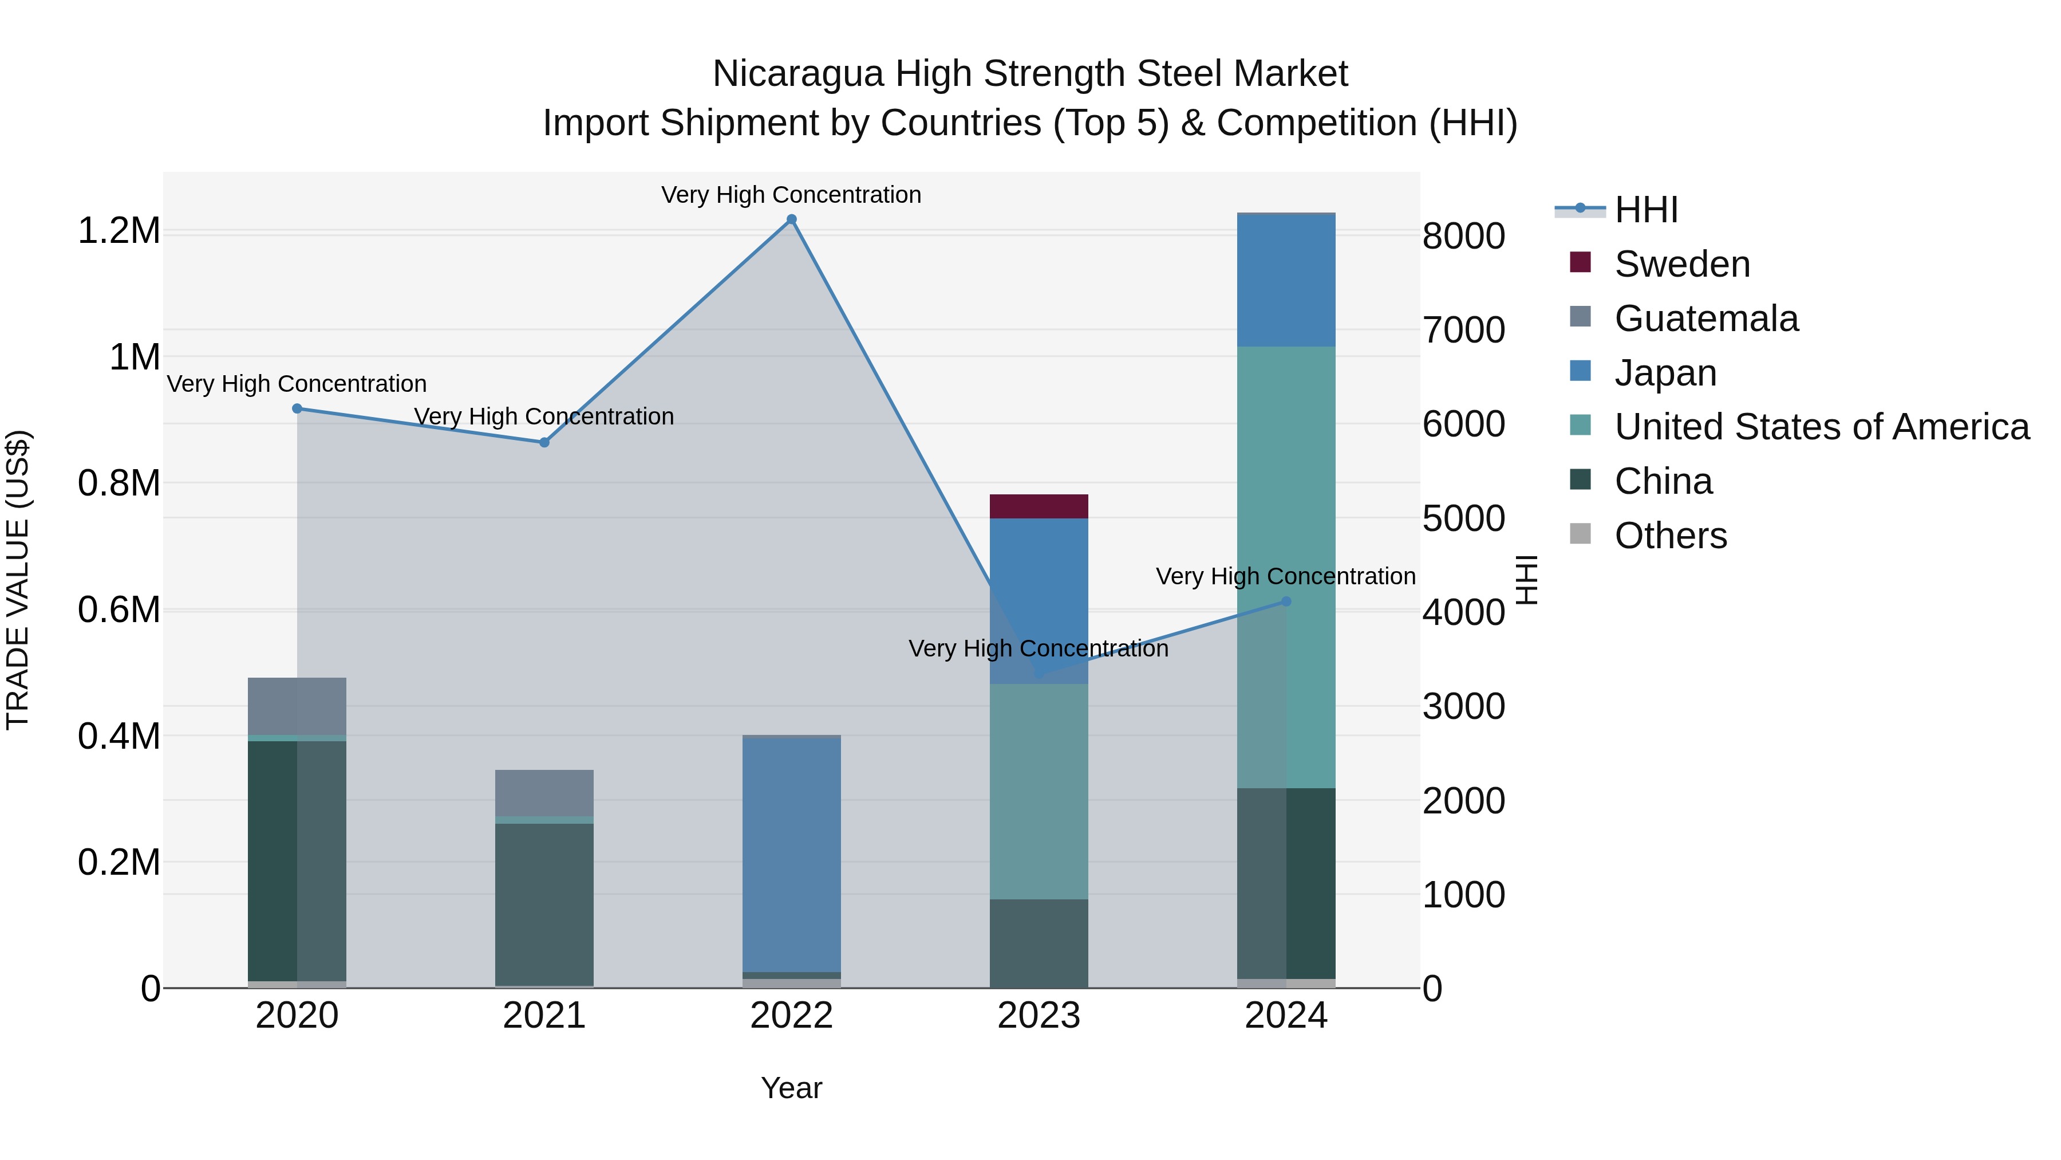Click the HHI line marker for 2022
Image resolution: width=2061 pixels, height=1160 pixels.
pyautogui.click(x=791, y=219)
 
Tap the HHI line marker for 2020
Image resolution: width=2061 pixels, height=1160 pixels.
pyautogui.click(x=297, y=408)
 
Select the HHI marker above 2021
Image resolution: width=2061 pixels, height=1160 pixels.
pyautogui.click(x=544, y=442)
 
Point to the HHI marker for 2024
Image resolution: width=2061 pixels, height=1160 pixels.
pyautogui.click(x=1286, y=601)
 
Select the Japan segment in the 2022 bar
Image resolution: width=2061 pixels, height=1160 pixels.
pyautogui.click(x=791, y=852)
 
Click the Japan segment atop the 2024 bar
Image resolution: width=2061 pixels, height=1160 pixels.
pyautogui.click(x=1286, y=280)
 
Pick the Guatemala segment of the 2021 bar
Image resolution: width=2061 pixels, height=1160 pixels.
pyautogui.click(x=544, y=793)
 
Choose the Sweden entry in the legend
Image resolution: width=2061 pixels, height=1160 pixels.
pyautogui.click(x=1682, y=264)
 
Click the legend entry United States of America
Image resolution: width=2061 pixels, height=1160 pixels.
pyautogui.click(x=1822, y=427)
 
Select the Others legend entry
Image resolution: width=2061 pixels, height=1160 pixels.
pyautogui.click(x=1671, y=536)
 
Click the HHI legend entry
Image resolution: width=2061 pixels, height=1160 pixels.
pyautogui.click(x=1646, y=210)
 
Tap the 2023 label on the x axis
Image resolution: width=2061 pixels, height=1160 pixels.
pyautogui.click(x=1039, y=1016)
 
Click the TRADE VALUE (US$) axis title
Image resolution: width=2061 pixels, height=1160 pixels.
pyautogui.click(x=18, y=580)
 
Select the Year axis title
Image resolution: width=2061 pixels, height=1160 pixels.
pyautogui.click(x=791, y=1088)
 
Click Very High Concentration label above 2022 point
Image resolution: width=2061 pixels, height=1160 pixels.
pyautogui.click(x=791, y=195)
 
